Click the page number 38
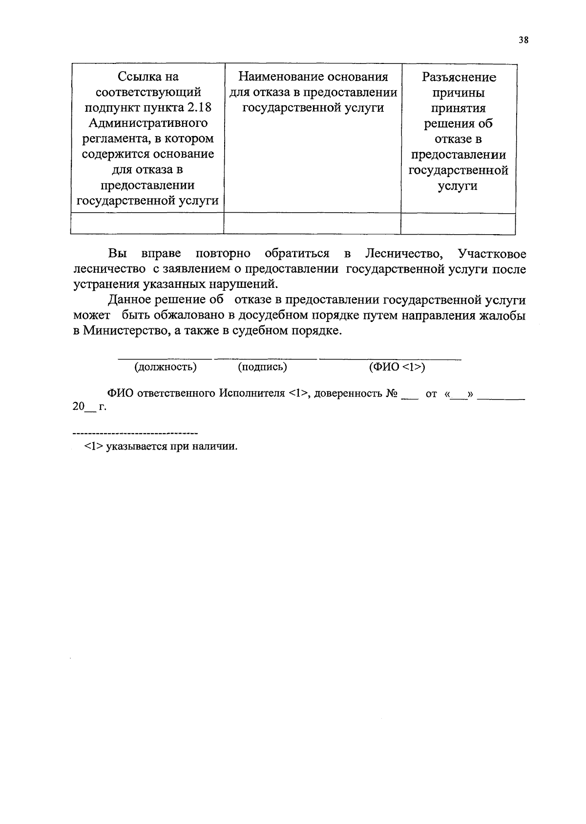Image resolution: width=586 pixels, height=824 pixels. (x=523, y=40)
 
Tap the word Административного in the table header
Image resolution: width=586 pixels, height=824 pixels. (x=147, y=123)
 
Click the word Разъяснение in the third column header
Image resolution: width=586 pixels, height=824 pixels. (x=459, y=77)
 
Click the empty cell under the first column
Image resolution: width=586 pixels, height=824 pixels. (x=147, y=224)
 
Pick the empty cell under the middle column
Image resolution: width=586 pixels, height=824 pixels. (x=312, y=224)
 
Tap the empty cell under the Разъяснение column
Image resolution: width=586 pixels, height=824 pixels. (x=458, y=224)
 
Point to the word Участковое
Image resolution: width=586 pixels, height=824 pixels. (x=492, y=254)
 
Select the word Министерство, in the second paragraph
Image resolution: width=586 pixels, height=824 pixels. (x=126, y=331)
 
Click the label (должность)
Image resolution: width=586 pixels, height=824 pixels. (x=165, y=367)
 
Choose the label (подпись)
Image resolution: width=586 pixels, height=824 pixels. (x=262, y=367)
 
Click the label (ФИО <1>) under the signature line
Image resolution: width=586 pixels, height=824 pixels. (x=397, y=367)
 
